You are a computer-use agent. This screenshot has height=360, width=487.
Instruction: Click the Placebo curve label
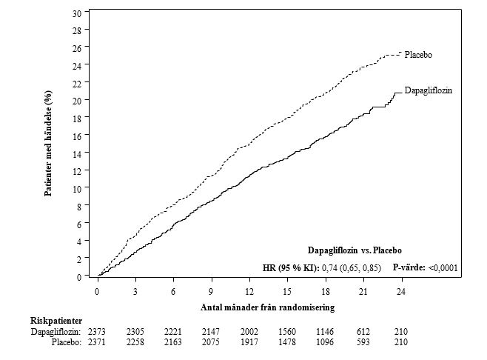tap(418, 55)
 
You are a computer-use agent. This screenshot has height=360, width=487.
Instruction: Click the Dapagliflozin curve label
tap(428, 90)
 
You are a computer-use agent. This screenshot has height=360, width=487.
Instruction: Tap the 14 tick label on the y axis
tap(78, 153)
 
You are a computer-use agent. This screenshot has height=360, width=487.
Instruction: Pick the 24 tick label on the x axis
tap(401, 291)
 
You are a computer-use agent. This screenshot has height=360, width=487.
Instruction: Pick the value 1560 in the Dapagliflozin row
tap(287, 332)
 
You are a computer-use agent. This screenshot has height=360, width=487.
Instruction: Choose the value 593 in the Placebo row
tap(363, 342)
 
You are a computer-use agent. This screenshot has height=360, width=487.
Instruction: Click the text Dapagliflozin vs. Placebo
tap(355, 250)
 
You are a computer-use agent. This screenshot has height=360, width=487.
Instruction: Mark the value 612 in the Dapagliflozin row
tap(363, 332)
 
